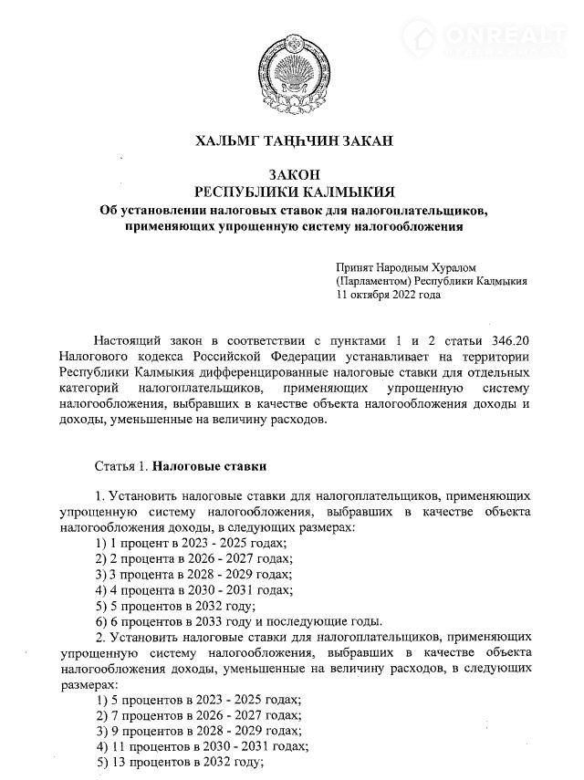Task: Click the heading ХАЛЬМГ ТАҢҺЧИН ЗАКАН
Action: point(292,140)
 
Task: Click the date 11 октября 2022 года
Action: point(389,295)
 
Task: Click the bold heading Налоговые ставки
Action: point(209,465)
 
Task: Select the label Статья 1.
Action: point(120,465)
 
